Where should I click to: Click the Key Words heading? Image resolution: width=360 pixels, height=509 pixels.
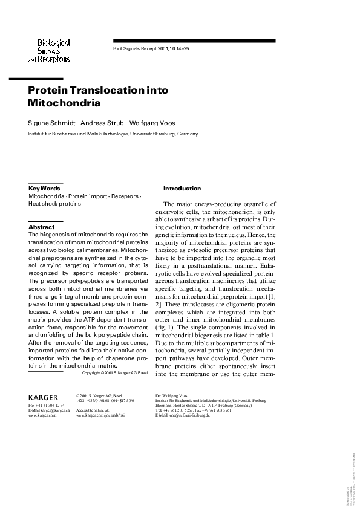click(x=44, y=189)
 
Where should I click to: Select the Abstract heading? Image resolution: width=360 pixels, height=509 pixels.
click(x=42, y=227)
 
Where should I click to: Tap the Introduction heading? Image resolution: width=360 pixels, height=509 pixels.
click(x=182, y=189)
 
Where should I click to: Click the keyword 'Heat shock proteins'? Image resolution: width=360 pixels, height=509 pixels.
click(x=54, y=204)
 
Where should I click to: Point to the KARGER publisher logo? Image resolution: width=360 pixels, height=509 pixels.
click(x=43, y=396)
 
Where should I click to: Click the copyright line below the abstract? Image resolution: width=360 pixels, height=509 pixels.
click(x=115, y=373)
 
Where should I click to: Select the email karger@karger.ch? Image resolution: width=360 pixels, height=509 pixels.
click(x=50, y=410)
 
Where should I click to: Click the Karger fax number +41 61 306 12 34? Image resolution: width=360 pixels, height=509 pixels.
click(x=47, y=406)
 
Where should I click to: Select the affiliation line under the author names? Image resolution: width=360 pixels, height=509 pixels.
click(x=113, y=134)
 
